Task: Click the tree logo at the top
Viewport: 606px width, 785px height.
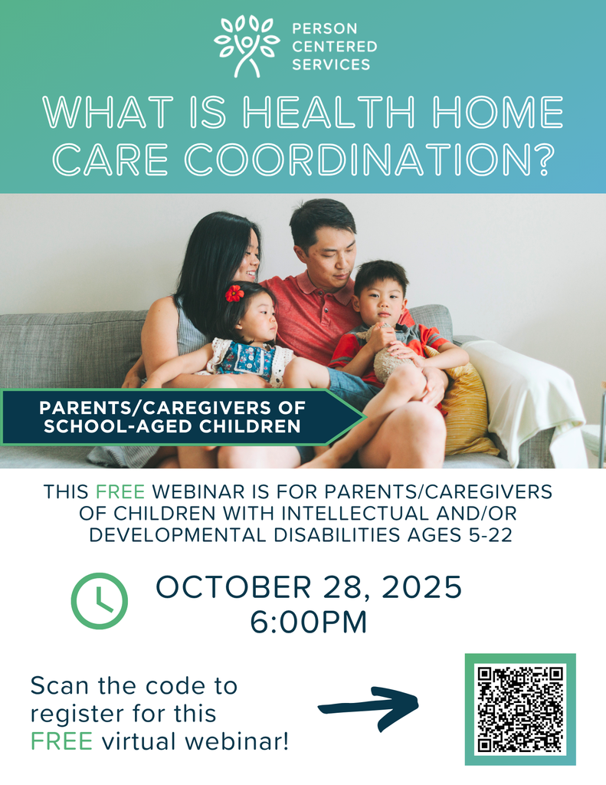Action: click(247, 45)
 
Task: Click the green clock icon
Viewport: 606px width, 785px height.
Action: click(100, 601)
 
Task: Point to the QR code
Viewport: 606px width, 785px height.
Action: click(520, 709)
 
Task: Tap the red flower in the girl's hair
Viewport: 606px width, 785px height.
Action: click(234, 293)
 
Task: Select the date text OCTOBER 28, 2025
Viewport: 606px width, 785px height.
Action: click(309, 588)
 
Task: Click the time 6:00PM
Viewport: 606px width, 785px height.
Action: click(309, 622)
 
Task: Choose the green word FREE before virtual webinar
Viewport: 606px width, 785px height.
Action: click(62, 741)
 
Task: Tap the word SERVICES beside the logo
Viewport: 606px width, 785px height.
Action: click(330, 64)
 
